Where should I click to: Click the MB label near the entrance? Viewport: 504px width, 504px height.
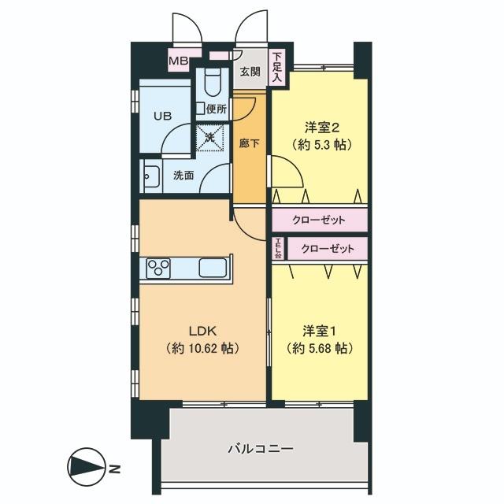pos(178,59)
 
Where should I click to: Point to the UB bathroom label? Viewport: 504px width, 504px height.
pos(162,115)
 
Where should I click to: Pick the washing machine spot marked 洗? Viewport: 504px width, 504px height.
pos(210,137)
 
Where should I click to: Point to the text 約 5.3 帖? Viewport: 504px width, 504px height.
pos(319,145)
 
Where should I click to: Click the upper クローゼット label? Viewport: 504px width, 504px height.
pos(321,220)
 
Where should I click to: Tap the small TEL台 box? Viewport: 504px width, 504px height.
pos(278,250)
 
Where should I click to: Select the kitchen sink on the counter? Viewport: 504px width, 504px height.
pos(213,268)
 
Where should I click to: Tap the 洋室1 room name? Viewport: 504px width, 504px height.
pos(319,330)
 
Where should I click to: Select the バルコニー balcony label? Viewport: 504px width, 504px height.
pos(260,449)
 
